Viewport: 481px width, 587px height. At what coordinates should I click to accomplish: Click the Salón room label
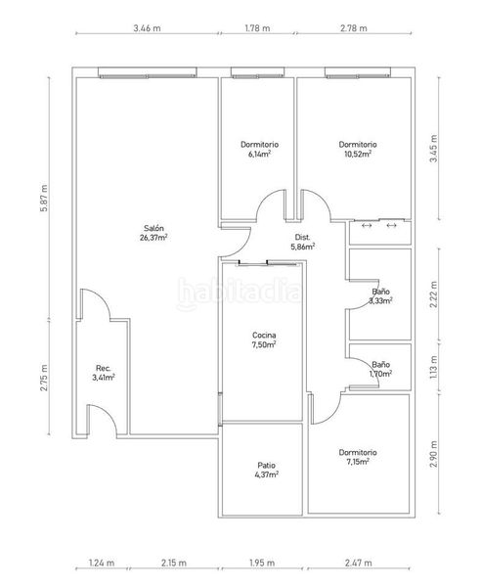pos(153,228)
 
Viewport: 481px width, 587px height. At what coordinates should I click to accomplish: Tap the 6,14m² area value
pos(260,154)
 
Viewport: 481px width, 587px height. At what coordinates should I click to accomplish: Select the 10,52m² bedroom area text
pos(358,154)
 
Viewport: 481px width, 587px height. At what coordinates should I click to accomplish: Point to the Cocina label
pos(264,335)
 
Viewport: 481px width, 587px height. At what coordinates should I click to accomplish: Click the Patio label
pos(266,466)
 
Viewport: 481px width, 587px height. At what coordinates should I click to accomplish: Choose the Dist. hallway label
pos(303,237)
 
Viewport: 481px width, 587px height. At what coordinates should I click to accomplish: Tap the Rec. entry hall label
pos(104,368)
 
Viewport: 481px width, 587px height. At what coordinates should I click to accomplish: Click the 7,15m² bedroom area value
pos(358,462)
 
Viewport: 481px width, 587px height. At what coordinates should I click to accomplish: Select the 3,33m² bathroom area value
pos(380,300)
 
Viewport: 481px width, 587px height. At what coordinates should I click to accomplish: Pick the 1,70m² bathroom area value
pos(380,374)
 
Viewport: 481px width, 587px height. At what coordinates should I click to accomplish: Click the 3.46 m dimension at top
pos(147,28)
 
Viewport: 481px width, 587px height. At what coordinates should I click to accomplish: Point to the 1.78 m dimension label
pos(258,28)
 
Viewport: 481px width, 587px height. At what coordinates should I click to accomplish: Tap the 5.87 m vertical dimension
pos(44,198)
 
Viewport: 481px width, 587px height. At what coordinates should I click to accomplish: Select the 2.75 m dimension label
pos(44,378)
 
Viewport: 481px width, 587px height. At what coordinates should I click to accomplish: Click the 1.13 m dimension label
pos(433,367)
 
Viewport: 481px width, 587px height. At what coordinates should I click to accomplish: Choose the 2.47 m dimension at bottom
pos(359,563)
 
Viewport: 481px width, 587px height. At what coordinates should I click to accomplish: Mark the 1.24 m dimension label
pos(102,563)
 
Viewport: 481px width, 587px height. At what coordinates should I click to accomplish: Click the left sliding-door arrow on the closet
pos(367,225)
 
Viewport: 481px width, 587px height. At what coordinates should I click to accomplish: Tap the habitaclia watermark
pos(239,293)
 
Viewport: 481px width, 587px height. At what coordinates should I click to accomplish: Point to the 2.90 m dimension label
pos(433,454)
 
